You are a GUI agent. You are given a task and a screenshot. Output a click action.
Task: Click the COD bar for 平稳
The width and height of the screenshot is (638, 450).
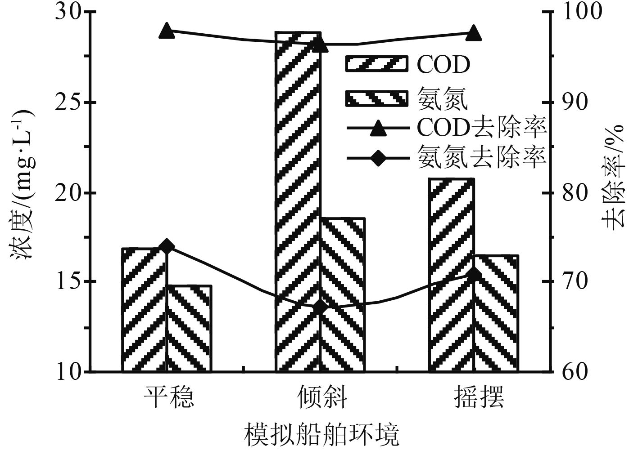click(x=145, y=310)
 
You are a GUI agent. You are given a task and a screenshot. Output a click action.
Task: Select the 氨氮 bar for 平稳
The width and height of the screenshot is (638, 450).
click(x=189, y=329)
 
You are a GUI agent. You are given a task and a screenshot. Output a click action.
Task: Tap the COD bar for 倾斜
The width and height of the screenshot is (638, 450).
click(x=298, y=202)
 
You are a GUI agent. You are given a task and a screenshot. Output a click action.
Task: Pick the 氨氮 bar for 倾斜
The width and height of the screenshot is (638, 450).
click(x=343, y=294)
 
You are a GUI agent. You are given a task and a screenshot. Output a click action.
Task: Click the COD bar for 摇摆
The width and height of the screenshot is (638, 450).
click(x=451, y=275)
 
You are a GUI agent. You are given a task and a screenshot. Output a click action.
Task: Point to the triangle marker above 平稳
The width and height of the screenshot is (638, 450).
click(x=167, y=31)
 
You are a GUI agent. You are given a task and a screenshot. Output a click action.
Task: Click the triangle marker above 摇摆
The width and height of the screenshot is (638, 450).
click(x=474, y=33)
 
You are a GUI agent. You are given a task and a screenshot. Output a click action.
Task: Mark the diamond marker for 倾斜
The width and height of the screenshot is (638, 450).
click(x=320, y=307)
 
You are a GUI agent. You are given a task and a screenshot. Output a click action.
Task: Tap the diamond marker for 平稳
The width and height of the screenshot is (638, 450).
click(x=167, y=246)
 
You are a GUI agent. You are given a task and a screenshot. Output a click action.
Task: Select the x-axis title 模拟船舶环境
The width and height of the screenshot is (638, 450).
click(x=321, y=433)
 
